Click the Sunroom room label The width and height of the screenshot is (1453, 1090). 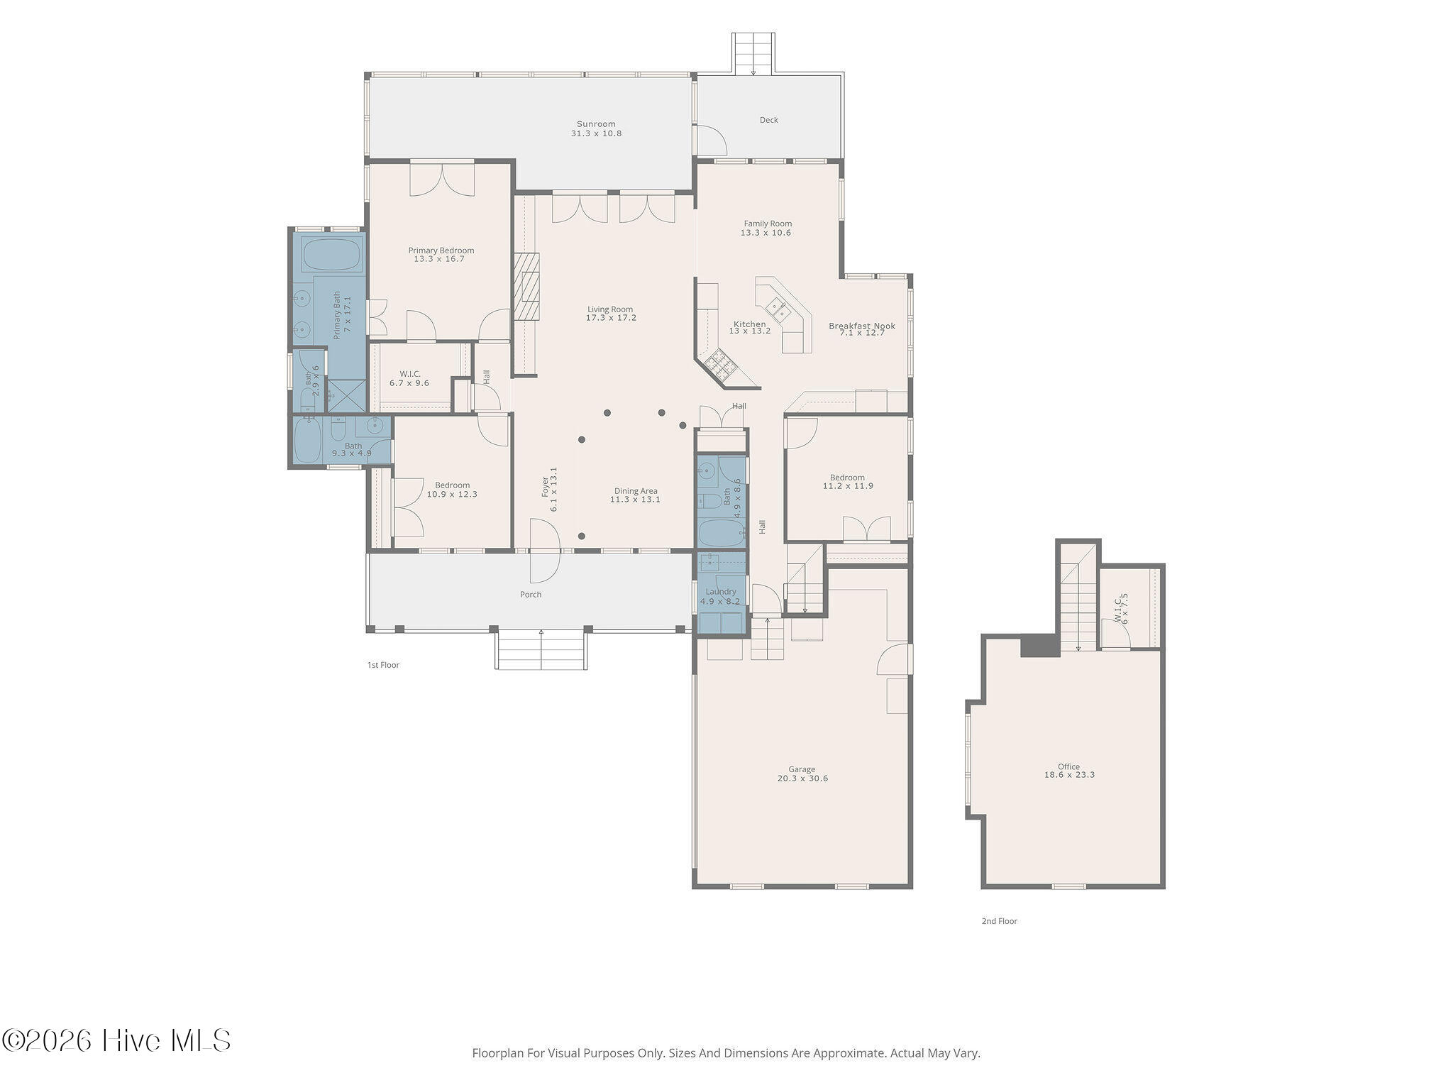[x=596, y=124]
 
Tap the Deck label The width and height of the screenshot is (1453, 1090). [x=769, y=120]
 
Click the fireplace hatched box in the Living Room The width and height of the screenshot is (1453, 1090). [x=526, y=287]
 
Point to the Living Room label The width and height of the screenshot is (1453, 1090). [x=610, y=309]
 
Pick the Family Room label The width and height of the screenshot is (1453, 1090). [x=768, y=224]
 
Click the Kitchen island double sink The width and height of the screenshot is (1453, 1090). [x=778, y=309]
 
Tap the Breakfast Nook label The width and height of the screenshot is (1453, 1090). [x=862, y=326]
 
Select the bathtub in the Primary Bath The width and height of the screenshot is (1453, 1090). [x=332, y=253]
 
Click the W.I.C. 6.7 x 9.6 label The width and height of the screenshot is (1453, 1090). [x=409, y=378]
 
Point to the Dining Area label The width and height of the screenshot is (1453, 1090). [x=636, y=490]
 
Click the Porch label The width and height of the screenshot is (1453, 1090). [x=531, y=595]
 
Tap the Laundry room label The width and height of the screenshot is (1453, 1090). [x=721, y=592]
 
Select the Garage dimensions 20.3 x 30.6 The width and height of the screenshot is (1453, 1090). [x=802, y=778]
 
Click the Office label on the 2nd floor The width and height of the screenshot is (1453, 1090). [x=1068, y=766]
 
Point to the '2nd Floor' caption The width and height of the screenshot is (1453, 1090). [x=999, y=921]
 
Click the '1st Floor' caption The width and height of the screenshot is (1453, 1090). [x=383, y=665]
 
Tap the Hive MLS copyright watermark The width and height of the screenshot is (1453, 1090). [x=116, y=1041]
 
